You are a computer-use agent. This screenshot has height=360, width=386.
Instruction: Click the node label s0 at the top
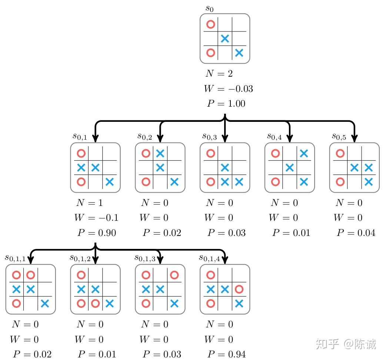(210, 9)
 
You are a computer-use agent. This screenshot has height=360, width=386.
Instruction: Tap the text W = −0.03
(228, 89)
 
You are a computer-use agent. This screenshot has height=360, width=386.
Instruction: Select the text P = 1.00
(226, 104)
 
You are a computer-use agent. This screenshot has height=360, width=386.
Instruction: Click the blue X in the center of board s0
(225, 39)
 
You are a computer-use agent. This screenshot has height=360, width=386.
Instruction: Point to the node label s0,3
(209, 136)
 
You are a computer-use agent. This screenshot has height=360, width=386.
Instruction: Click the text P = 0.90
(97, 233)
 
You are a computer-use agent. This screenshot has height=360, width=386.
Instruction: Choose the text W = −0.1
(96, 218)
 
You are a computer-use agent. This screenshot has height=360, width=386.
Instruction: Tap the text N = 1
(89, 203)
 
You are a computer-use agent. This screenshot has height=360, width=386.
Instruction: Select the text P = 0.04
(356, 233)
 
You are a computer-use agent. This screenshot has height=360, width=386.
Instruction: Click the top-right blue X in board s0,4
(304, 153)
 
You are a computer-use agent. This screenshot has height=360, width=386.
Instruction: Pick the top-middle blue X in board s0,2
(160, 153)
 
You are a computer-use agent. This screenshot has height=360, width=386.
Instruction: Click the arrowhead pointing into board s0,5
(355, 139)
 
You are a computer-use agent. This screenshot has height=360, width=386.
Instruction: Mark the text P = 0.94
(226, 354)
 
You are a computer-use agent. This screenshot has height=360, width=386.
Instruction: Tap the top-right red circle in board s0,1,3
(174, 275)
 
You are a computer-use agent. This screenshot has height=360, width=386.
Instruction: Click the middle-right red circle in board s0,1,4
(239, 289)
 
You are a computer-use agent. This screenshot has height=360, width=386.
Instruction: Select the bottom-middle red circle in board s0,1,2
(95, 304)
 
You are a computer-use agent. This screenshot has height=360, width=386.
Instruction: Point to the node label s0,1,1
(15, 258)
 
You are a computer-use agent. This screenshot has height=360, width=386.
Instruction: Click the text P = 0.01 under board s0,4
(291, 233)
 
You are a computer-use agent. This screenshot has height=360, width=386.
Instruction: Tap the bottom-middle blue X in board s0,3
(225, 182)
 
